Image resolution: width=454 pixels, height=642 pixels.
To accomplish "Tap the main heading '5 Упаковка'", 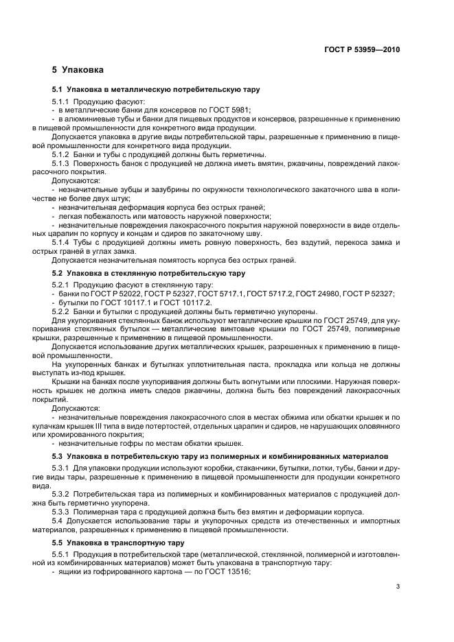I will pyautogui.click(x=78, y=70).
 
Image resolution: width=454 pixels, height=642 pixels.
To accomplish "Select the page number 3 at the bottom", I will pyautogui.click(x=398, y=585).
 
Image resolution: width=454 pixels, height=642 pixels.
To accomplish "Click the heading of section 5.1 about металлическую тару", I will pyautogui.click(x=156, y=89).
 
